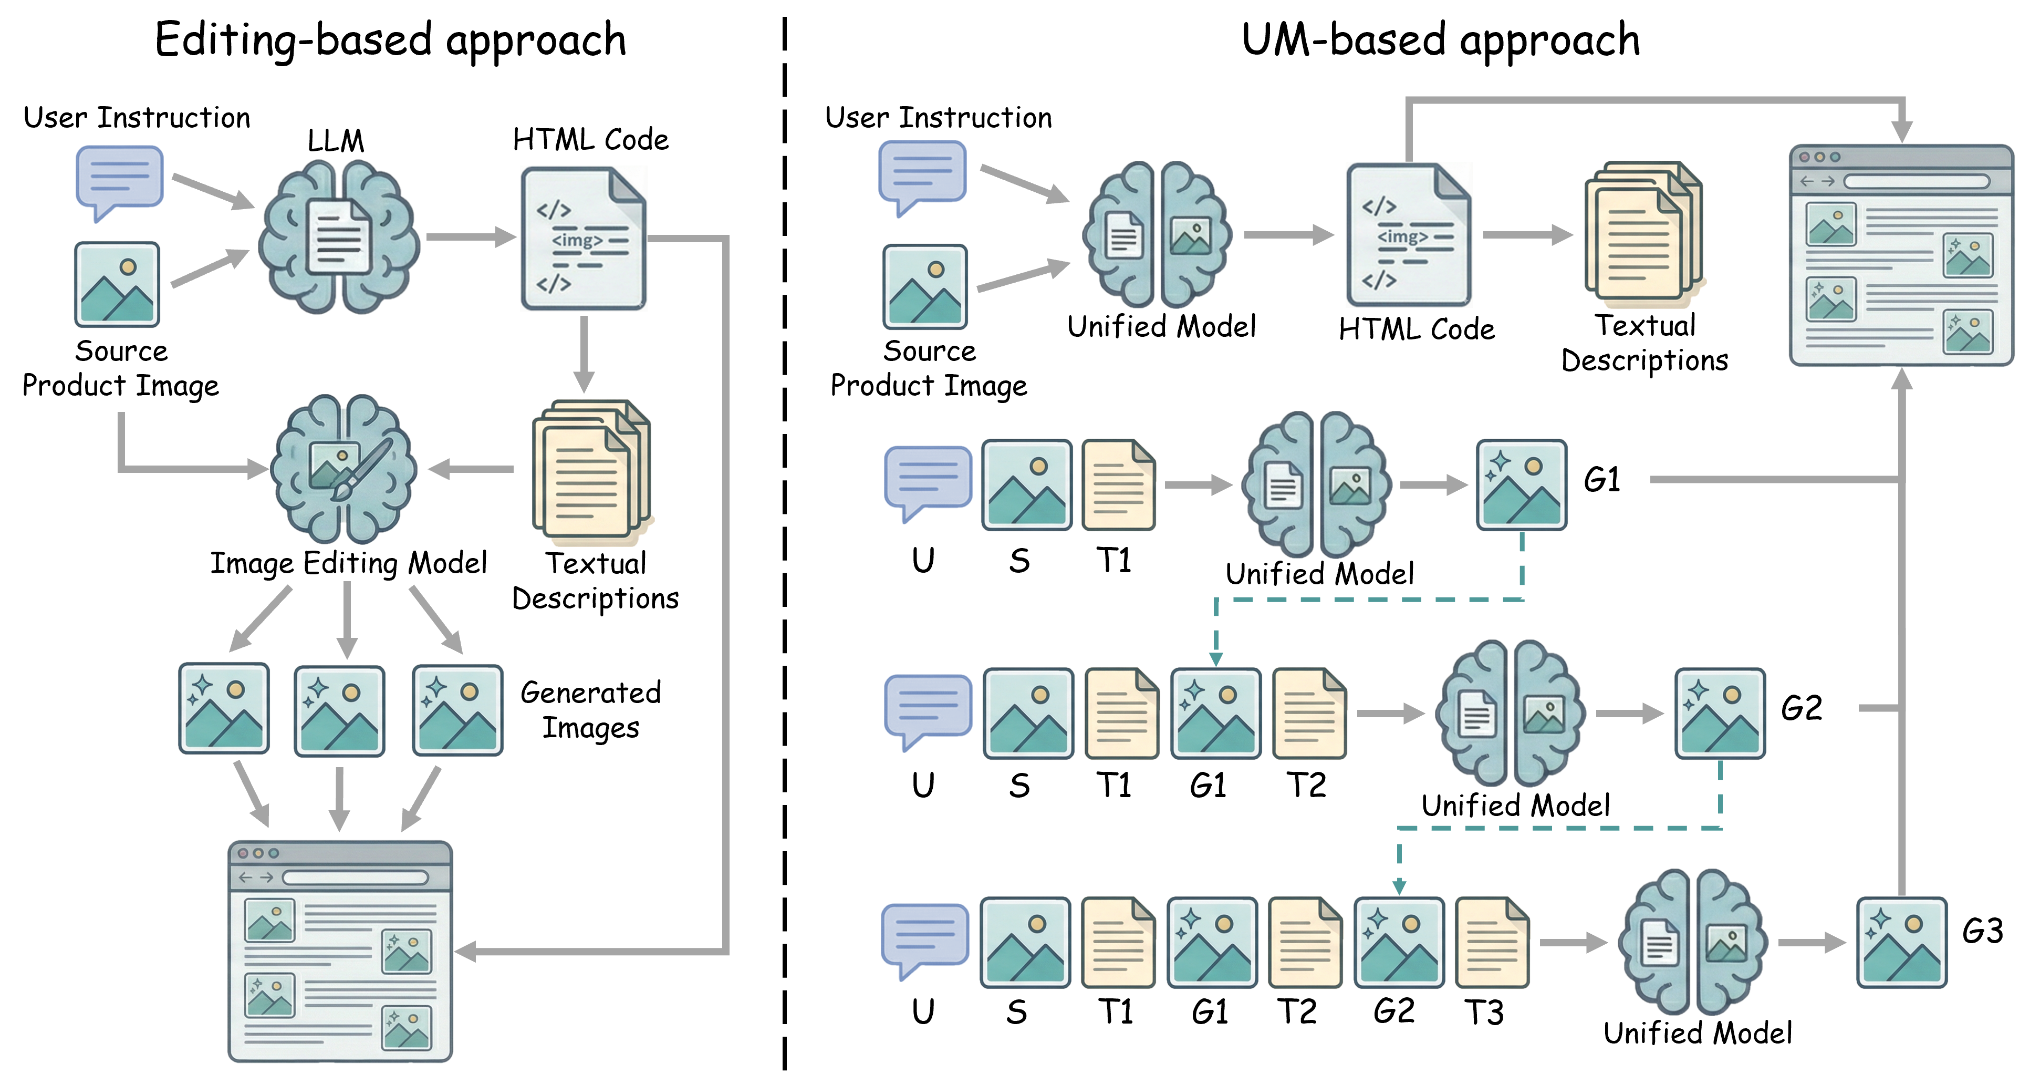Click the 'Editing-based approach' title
click(x=390, y=41)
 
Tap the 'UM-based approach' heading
click(x=1441, y=41)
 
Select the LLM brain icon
click(x=339, y=236)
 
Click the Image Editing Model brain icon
click(x=344, y=469)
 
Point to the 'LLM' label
click(x=336, y=141)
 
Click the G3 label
click(x=1982, y=932)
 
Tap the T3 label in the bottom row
click(x=1483, y=1012)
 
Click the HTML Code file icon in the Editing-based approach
click(x=584, y=237)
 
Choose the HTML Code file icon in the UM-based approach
click(x=1409, y=234)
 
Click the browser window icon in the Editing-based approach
click(x=340, y=951)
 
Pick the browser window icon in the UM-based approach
click(x=1901, y=255)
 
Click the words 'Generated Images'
click(x=591, y=710)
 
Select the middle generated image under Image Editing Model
click(x=340, y=710)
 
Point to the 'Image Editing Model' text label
click(x=348, y=564)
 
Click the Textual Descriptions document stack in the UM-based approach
click(x=1644, y=234)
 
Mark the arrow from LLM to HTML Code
click(x=471, y=236)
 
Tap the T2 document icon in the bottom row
click(x=1305, y=943)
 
